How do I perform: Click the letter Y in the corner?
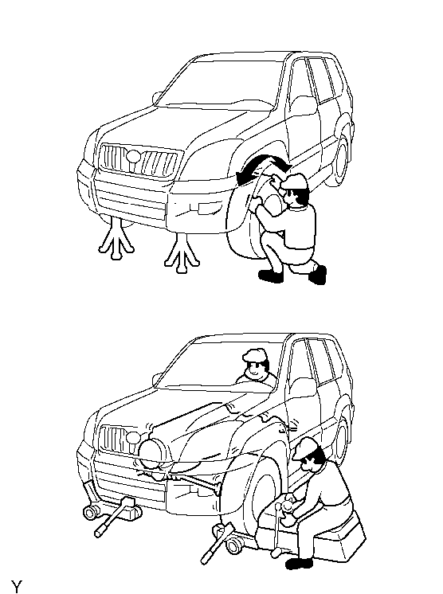tap(16, 586)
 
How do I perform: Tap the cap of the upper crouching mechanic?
tap(294, 182)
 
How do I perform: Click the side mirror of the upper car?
tap(156, 98)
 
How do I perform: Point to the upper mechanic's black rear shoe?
tap(318, 274)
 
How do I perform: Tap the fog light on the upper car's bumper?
tap(205, 208)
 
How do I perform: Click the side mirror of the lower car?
tap(156, 379)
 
